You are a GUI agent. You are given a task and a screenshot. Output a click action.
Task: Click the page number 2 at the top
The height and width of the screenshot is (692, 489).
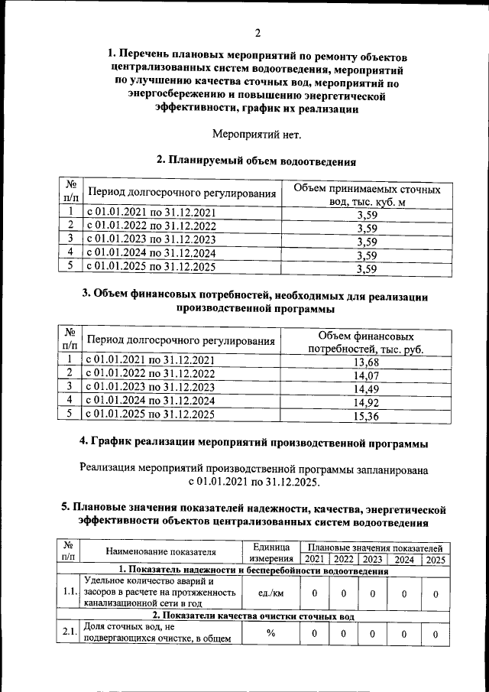[257, 33]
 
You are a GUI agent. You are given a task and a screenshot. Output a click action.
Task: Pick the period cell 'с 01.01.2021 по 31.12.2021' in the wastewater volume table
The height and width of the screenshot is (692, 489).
[151, 213]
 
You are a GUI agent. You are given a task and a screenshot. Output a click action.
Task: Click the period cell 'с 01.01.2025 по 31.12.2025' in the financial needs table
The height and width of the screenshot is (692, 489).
[151, 414]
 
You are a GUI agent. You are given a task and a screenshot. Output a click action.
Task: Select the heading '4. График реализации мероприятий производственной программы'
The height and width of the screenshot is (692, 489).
[254, 442]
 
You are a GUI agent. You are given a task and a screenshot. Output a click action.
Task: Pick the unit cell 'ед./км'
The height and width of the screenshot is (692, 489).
[271, 593]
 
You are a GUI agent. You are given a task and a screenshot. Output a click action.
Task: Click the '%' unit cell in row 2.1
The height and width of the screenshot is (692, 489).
[271, 633]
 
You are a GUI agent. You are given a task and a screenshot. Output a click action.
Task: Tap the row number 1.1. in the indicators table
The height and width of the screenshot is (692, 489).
[70, 593]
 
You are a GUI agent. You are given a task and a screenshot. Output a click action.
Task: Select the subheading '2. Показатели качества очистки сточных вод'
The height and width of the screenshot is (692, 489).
[252, 616]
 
